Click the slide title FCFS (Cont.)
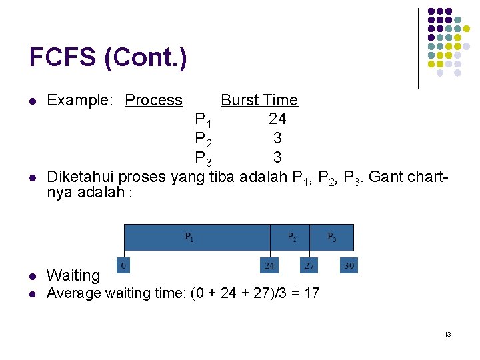pos(108,58)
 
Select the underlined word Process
pos(153,100)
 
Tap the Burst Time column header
pos(259,100)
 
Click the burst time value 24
pos(277,119)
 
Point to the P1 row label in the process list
pos(203,120)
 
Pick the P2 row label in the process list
pos(203,139)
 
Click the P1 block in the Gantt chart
pos(197,237)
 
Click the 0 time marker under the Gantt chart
pos(123,265)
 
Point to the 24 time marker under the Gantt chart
pos(269,265)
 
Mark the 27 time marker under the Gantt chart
pos(309,265)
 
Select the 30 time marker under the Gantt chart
pos(349,265)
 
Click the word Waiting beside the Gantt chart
pos(73,275)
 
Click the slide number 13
pos(447,334)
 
